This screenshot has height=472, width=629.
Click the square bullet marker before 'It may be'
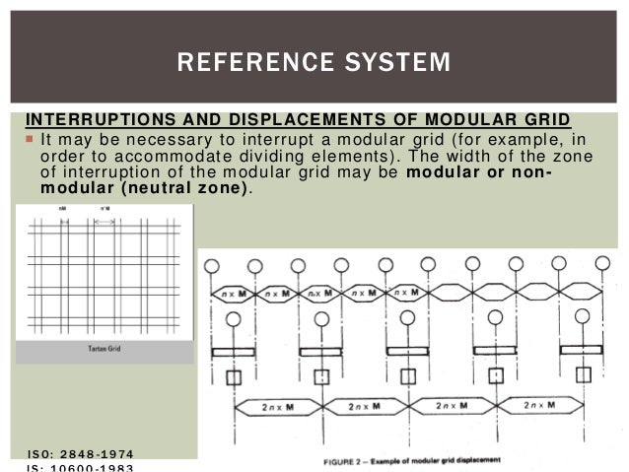click(30, 140)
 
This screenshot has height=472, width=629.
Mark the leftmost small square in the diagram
click(234, 376)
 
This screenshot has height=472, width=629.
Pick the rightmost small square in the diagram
click(584, 374)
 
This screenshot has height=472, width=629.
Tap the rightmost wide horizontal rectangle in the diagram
click(584, 350)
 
